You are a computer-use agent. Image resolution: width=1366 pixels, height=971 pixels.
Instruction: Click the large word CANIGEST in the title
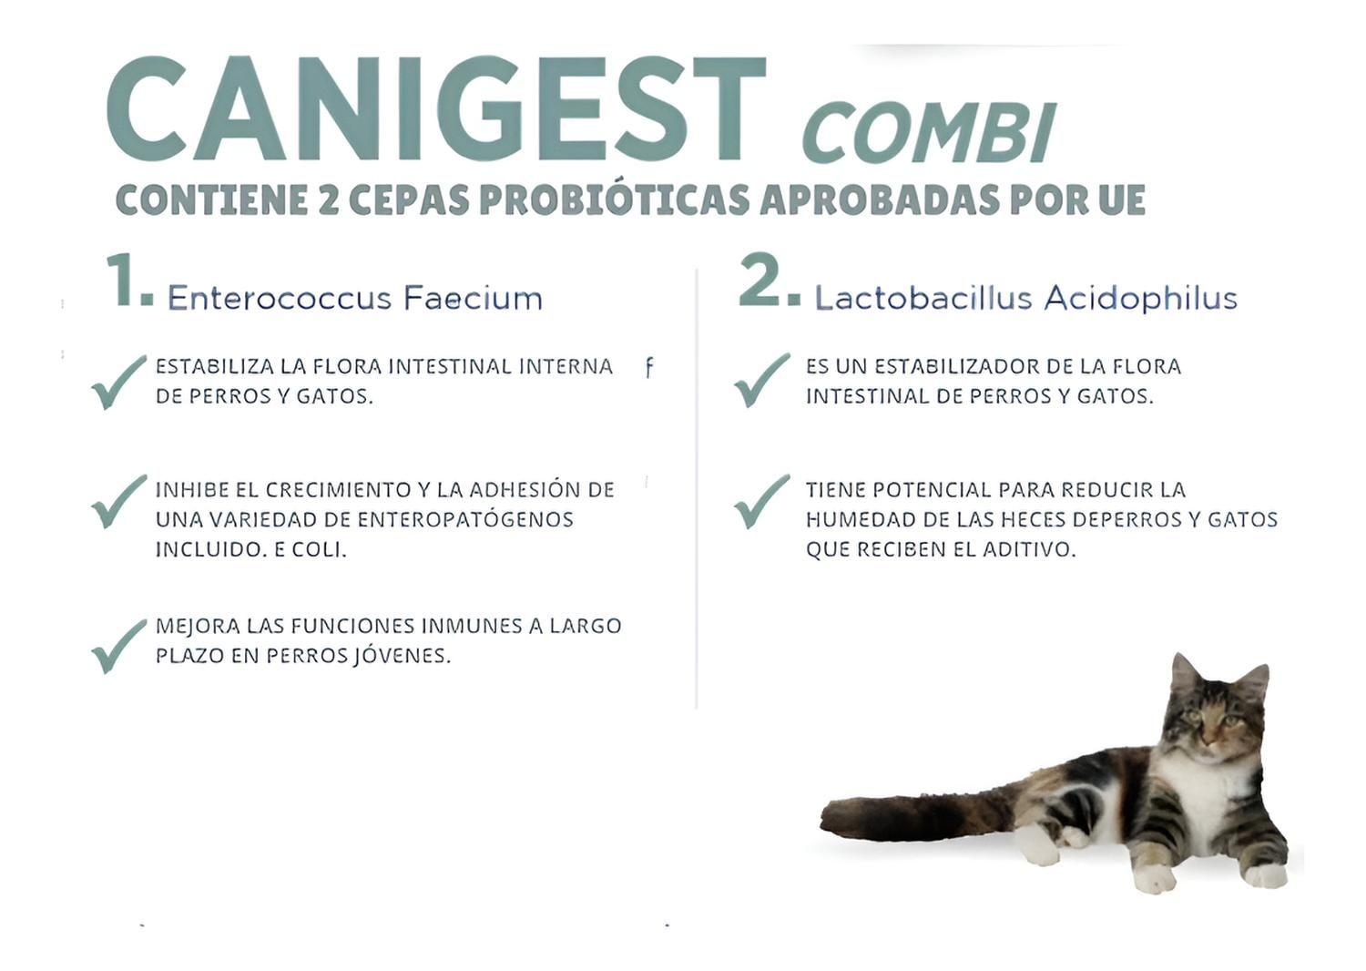pyautogui.click(x=435, y=110)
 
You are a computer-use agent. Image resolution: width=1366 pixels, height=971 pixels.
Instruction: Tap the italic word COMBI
pyautogui.click(x=929, y=133)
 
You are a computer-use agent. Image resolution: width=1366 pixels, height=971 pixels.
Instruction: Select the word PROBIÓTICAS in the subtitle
pyautogui.click(x=615, y=200)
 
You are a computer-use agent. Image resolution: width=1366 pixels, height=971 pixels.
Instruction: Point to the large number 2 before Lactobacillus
pyautogui.click(x=763, y=281)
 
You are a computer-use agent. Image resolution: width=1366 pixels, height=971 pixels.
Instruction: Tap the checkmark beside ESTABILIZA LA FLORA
pyautogui.click(x=118, y=382)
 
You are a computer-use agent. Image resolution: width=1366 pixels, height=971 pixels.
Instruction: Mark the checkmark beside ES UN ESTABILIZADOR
pyautogui.click(x=761, y=380)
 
